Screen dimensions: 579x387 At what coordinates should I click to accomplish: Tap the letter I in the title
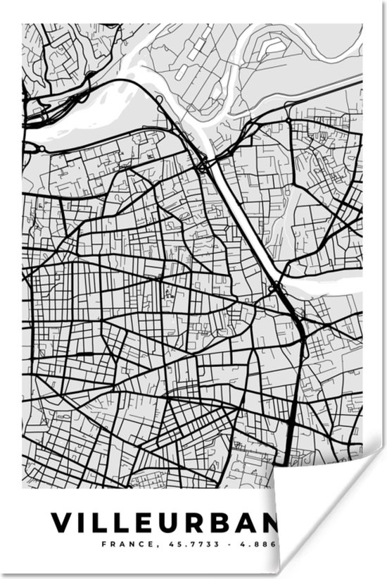click(x=84, y=523)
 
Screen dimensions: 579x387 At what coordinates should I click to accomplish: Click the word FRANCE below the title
click(x=122, y=544)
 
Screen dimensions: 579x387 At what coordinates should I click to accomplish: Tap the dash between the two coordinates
click(x=236, y=544)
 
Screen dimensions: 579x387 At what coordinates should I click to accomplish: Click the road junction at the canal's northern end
click(x=203, y=166)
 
